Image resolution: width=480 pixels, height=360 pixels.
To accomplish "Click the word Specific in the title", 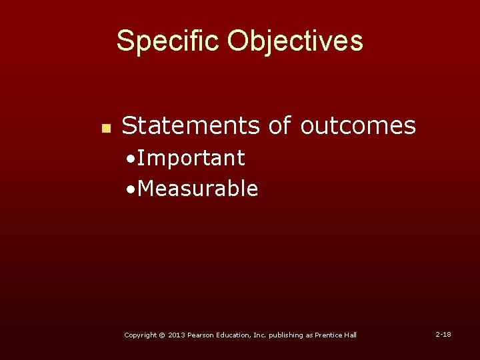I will pyautogui.click(x=167, y=41).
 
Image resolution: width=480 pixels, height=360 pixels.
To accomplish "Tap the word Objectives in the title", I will pyautogui.click(x=295, y=41).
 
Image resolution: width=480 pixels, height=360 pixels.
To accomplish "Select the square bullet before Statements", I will pyautogui.click(x=104, y=128).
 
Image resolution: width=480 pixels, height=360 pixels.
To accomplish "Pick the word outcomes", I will pyautogui.click(x=358, y=125).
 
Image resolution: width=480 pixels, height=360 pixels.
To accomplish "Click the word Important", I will pyautogui.click(x=192, y=158).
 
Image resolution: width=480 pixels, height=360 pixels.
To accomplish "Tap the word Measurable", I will pyautogui.click(x=199, y=189).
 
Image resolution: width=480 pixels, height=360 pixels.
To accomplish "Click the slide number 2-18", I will pyautogui.click(x=443, y=333).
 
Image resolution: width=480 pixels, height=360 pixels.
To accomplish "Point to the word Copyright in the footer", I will pyautogui.click(x=140, y=335).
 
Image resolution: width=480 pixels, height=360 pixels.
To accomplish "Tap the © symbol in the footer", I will pyautogui.click(x=162, y=335).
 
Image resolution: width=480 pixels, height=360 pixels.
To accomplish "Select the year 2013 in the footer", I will pyautogui.click(x=175, y=335).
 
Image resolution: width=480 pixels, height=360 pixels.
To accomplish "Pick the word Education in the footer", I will pyautogui.click(x=234, y=335).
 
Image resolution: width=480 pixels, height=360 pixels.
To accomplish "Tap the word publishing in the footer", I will pyautogui.click(x=287, y=335).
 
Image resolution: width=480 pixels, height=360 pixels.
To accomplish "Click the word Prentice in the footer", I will pyautogui.click(x=329, y=335).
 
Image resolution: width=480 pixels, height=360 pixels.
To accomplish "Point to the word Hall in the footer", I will pyautogui.click(x=351, y=335).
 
